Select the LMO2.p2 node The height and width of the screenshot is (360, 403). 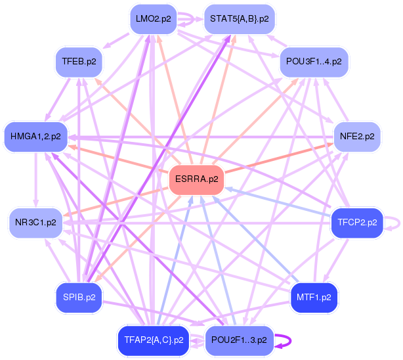153,19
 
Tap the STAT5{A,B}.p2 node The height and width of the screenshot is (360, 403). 240,19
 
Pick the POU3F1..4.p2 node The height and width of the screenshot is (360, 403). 314,62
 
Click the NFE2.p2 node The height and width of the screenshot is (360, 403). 357,137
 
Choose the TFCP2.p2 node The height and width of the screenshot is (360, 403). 357,222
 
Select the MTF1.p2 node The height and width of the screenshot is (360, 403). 314,298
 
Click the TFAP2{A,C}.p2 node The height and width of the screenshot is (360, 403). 153,340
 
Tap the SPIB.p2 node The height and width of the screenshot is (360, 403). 79,298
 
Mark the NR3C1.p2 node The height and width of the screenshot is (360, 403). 35,222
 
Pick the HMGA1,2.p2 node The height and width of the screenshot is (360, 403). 35,137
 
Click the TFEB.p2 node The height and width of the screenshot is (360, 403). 79,62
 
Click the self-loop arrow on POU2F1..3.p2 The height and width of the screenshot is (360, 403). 284,340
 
